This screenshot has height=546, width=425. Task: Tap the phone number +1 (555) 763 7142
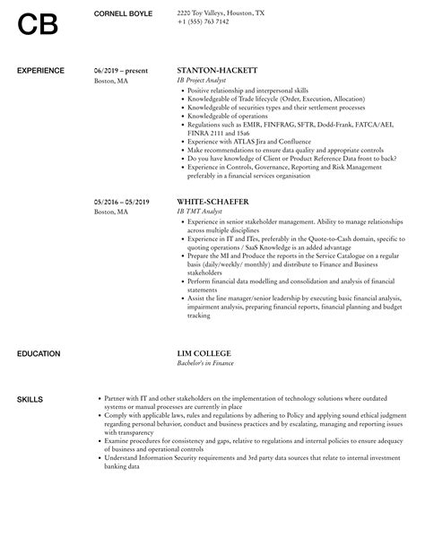point(204,23)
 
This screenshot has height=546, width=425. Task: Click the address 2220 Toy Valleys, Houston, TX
point(221,14)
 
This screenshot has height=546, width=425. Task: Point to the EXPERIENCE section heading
point(41,69)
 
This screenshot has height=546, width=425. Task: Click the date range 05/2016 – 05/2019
point(122,202)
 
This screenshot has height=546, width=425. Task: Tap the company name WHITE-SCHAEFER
point(213,202)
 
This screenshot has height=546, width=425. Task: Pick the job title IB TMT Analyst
point(199,212)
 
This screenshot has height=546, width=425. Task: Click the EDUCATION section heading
point(39,328)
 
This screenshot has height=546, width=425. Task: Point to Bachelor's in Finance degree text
point(207,339)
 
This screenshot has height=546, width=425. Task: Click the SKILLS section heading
point(30,373)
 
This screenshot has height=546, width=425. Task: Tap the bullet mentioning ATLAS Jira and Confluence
point(245,141)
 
